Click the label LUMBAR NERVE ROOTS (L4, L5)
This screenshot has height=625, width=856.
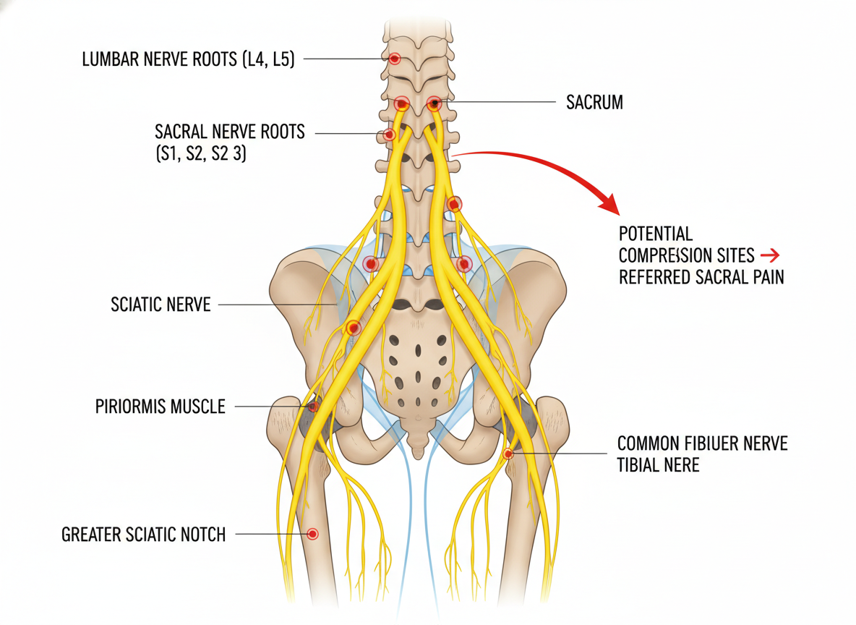(x=188, y=59)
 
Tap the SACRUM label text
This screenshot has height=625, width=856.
(x=594, y=103)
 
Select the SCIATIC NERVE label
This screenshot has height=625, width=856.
(x=160, y=305)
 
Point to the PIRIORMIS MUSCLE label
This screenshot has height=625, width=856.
(x=160, y=407)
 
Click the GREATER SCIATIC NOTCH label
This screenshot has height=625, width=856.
(x=144, y=535)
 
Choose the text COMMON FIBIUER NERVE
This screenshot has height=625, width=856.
(x=702, y=443)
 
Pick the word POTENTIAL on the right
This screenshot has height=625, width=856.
(x=656, y=234)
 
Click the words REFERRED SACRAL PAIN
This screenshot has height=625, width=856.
(x=701, y=277)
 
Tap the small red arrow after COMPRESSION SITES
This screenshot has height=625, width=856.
(x=770, y=255)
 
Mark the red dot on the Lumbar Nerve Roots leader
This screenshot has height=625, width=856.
(x=395, y=59)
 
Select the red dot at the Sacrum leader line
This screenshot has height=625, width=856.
(x=434, y=103)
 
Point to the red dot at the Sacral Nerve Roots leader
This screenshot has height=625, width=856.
(x=389, y=135)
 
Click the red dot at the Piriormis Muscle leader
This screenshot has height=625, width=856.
(x=313, y=407)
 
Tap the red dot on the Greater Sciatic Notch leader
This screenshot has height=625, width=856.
(x=312, y=534)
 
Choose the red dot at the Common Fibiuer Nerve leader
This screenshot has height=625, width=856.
(x=508, y=454)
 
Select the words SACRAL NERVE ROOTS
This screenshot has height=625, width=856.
(x=230, y=132)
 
